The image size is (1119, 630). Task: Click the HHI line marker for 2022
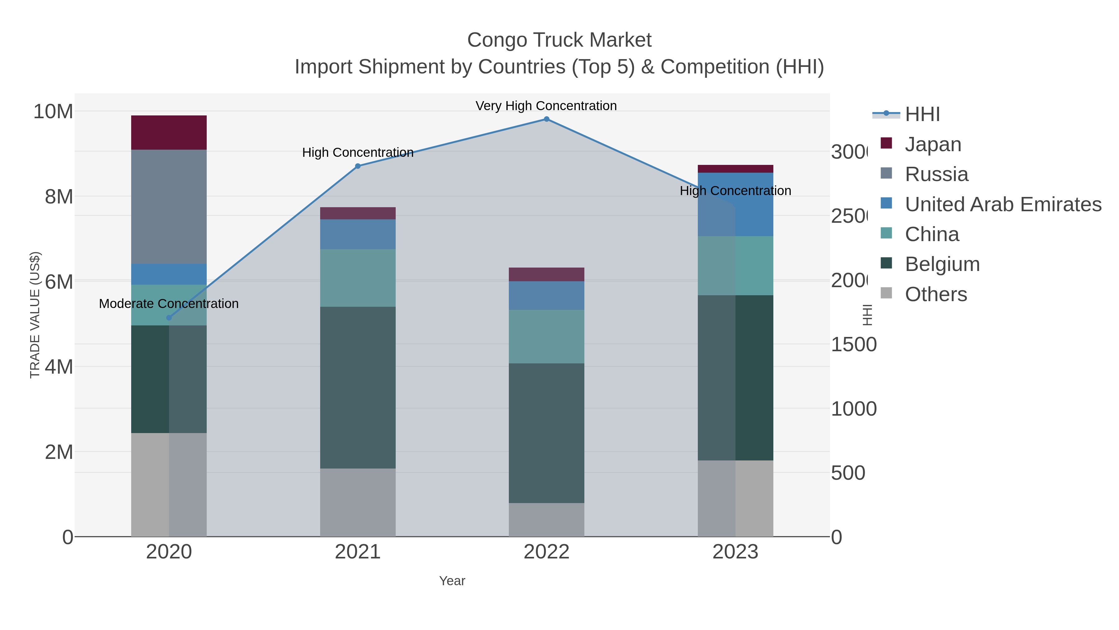point(546,119)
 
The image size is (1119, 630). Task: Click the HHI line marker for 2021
point(357,166)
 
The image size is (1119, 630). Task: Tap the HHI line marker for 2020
point(169,318)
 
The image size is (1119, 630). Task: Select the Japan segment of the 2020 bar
point(169,133)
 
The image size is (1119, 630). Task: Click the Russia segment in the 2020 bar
point(169,207)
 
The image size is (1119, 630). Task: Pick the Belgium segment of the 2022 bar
point(546,433)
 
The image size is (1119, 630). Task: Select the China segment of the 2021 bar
point(357,278)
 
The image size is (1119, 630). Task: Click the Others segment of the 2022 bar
point(546,520)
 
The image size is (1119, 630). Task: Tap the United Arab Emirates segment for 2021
point(357,234)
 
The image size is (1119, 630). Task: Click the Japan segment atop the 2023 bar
point(735,169)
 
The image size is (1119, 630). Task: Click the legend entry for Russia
point(936,174)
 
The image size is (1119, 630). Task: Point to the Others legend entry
point(936,294)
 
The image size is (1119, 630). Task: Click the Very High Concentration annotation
point(546,106)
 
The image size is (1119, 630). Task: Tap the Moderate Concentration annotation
point(169,303)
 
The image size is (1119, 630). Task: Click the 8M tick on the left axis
point(59,197)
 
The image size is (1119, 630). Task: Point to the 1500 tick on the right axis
point(854,345)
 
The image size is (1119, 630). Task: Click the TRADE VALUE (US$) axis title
point(35,315)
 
